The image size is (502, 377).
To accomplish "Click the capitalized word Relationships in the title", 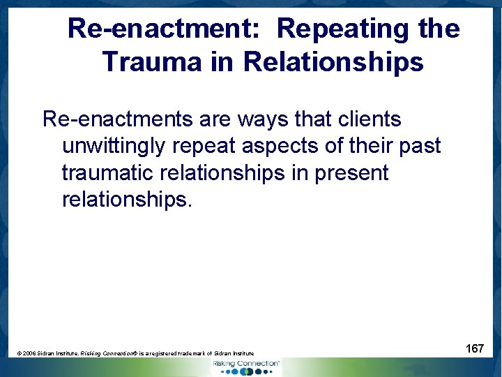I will [x=333, y=61].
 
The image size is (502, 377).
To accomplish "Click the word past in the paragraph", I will [x=419, y=146].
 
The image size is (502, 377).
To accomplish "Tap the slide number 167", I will [x=475, y=348].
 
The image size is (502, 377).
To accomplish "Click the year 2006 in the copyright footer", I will [x=31, y=354].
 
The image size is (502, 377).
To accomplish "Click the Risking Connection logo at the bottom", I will [x=245, y=367].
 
